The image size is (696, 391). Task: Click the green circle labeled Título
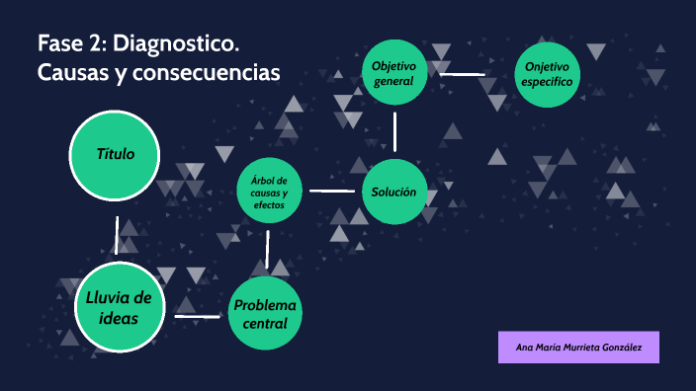pos(116,155)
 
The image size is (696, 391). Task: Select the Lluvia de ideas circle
pos(119,308)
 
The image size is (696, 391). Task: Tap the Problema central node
pos(264,313)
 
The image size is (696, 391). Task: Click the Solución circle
pos(394,192)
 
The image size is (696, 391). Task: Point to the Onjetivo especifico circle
pos(548,73)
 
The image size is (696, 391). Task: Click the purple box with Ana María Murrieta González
pos(578,348)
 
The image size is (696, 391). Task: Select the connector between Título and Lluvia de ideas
pos(117,234)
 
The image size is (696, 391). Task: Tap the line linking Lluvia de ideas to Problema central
pos(197,316)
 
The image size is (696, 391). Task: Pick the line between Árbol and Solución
pos(331,191)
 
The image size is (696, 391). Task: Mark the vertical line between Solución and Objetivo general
pos(394,131)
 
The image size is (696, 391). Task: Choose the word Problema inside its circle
pos(264,304)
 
